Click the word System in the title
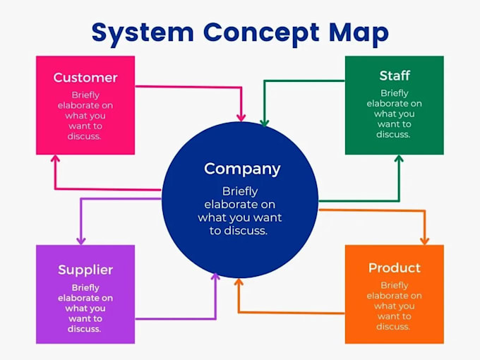pos(143,33)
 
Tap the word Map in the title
pos(359,33)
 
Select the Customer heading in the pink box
pos(85,78)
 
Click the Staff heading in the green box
pos(395,76)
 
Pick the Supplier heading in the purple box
pos(85,270)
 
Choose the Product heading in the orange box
pos(395,268)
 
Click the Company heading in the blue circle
pos(242,169)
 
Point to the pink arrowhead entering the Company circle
pos(241,117)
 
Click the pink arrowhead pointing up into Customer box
pos(55,159)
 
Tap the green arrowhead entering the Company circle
pos(265,122)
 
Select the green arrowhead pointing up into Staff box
pos(399,159)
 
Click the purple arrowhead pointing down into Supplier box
pos(80,241)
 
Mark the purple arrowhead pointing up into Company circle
pos(215,277)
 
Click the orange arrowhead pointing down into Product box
pos(425,241)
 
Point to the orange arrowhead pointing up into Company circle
pos(239,282)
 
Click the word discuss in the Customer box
pos(83,136)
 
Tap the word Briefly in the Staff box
pos(395,93)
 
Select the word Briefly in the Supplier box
pos(85,288)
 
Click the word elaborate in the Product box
pos(385,296)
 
